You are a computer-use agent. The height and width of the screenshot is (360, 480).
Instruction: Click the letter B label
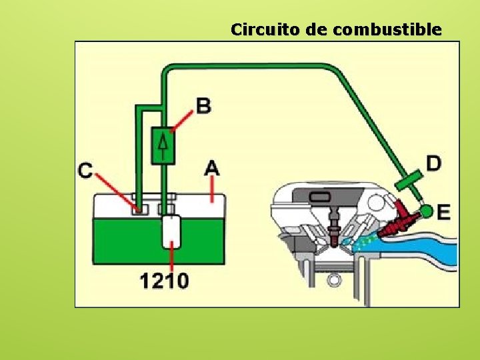click(203, 105)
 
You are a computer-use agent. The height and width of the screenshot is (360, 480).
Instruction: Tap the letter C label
click(85, 171)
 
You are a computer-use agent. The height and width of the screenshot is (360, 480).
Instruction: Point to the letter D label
click(433, 163)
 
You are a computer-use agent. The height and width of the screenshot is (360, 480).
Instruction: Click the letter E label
click(443, 212)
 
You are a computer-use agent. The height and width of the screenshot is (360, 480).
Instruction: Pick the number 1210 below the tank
click(164, 281)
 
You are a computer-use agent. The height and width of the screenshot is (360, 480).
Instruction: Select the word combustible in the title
click(386, 29)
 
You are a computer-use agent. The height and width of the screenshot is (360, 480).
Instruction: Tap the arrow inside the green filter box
click(163, 143)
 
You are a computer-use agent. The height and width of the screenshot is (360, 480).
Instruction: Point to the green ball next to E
click(426, 212)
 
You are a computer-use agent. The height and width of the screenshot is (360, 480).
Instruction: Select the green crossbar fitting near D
click(408, 179)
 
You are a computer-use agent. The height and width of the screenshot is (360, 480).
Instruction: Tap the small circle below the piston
click(333, 279)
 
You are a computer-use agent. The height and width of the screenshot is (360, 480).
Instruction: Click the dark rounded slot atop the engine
click(321, 197)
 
